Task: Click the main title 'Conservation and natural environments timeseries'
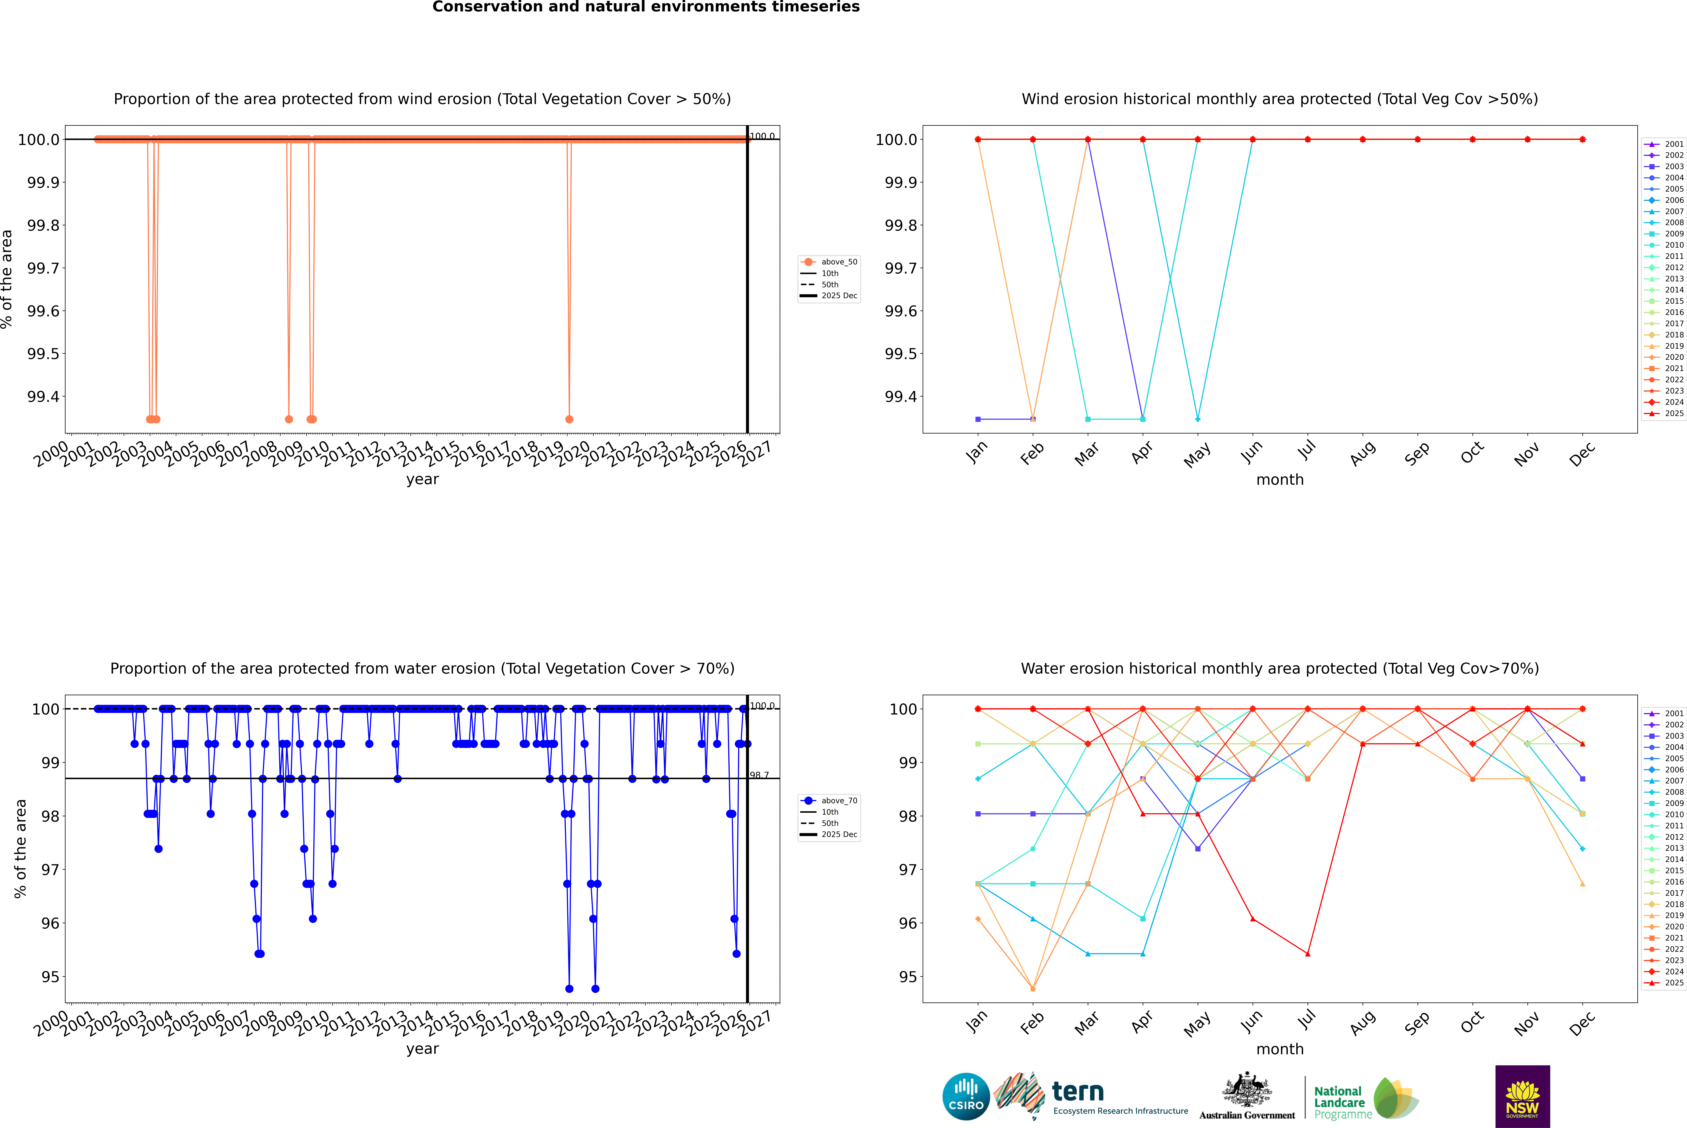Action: [x=646, y=7]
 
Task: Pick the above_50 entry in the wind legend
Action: [x=838, y=262]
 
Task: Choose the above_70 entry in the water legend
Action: [x=838, y=801]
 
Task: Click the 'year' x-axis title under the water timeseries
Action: [x=422, y=1049]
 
